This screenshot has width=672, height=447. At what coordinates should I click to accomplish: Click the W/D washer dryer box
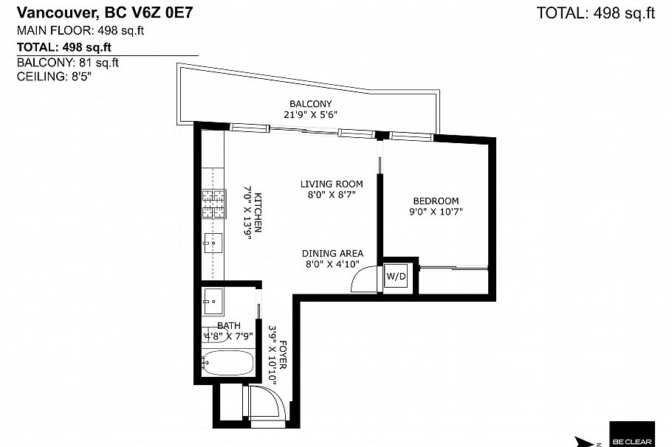pyautogui.click(x=397, y=276)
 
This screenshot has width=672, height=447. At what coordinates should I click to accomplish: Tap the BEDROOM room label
pyautogui.click(x=436, y=201)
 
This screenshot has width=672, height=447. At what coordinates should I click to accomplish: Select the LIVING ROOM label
pyautogui.click(x=332, y=184)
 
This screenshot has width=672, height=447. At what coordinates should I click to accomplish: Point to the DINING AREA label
pyautogui.click(x=332, y=253)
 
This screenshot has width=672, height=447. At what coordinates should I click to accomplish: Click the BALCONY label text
pyautogui.click(x=310, y=104)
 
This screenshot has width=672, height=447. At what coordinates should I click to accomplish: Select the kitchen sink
pyautogui.click(x=213, y=242)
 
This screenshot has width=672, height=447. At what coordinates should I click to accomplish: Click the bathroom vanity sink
pyautogui.click(x=213, y=300)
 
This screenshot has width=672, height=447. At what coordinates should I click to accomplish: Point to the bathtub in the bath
pyautogui.click(x=228, y=363)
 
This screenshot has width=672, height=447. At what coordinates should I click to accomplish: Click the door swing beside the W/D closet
pyautogui.click(x=366, y=280)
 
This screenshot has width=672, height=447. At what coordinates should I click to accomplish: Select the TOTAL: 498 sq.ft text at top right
pyautogui.click(x=596, y=13)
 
